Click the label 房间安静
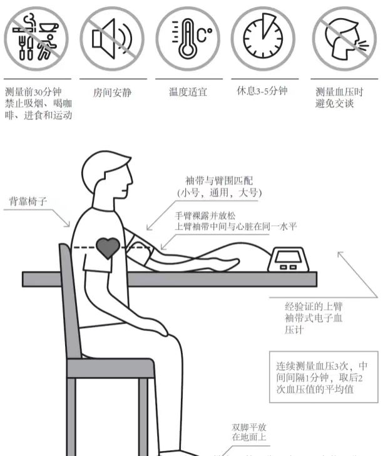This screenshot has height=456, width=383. (x=112, y=93)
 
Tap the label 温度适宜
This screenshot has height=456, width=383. (x=188, y=92)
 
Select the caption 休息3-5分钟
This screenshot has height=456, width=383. (x=262, y=91)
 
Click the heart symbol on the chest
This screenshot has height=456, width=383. (x=108, y=248)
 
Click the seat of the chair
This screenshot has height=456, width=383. (x=110, y=368)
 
